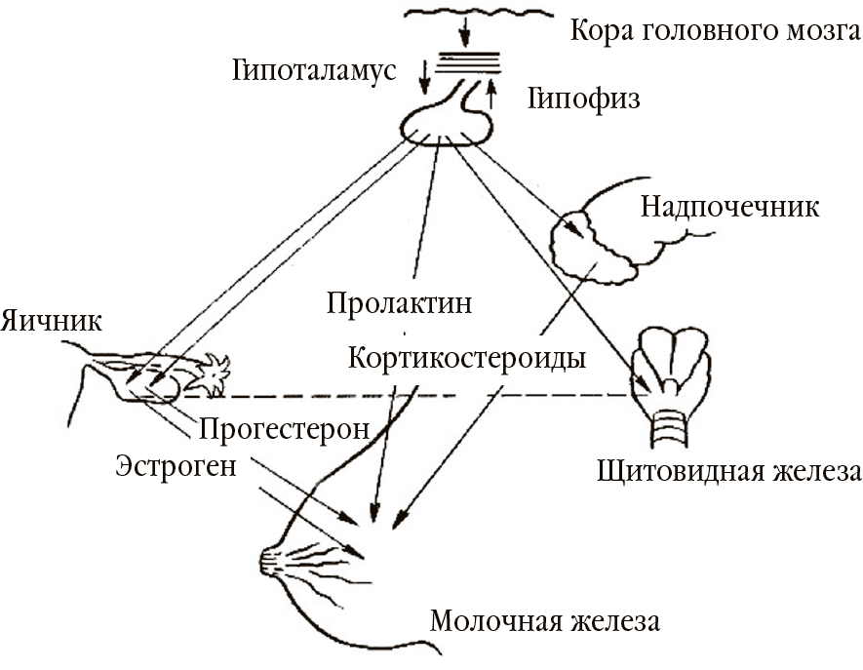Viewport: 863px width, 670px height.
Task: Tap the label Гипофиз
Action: click(584, 99)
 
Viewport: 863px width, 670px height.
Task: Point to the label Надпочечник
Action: click(729, 207)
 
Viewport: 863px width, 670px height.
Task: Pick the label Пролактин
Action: click(400, 303)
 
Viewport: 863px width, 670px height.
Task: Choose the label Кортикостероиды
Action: click(466, 358)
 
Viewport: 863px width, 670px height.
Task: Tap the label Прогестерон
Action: click(284, 428)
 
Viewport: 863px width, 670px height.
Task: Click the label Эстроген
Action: click(176, 464)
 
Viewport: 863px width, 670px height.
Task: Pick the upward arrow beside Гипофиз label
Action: click(491, 94)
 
